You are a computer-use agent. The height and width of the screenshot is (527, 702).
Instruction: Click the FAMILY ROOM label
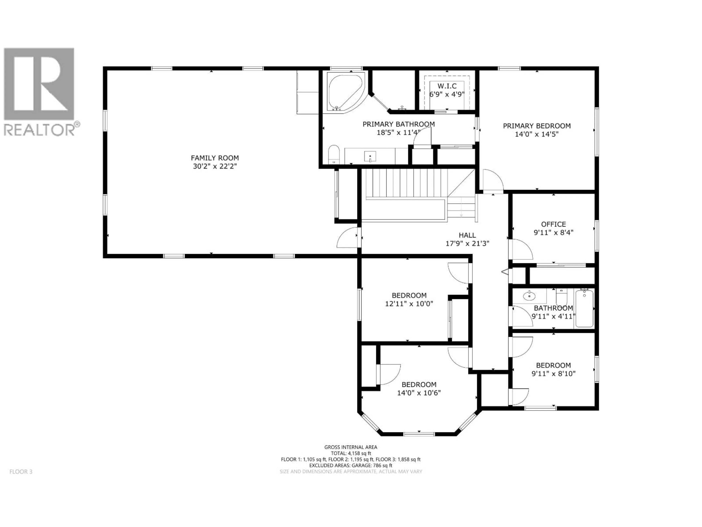[x=215, y=158]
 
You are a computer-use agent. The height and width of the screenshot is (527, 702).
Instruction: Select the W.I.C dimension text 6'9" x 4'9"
[x=447, y=94]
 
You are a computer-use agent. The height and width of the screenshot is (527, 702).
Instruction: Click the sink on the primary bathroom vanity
[x=370, y=157]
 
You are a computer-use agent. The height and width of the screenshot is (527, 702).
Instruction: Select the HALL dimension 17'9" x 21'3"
[x=467, y=244]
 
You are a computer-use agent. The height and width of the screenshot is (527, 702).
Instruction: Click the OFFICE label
[x=554, y=224]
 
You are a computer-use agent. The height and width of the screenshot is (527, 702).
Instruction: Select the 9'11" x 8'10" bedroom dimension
[x=554, y=374]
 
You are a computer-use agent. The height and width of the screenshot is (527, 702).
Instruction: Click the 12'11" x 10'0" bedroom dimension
[x=409, y=304]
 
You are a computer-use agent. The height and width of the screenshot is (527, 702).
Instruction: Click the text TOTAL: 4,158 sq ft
[x=351, y=453]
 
